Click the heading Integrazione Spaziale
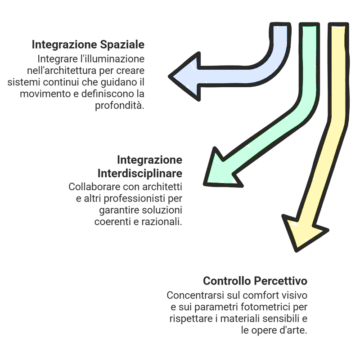(88, 45)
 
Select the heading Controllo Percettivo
(255, 281)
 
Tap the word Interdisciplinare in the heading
(140, 173)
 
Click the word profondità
(119, 106)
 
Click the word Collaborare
(93, 186)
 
